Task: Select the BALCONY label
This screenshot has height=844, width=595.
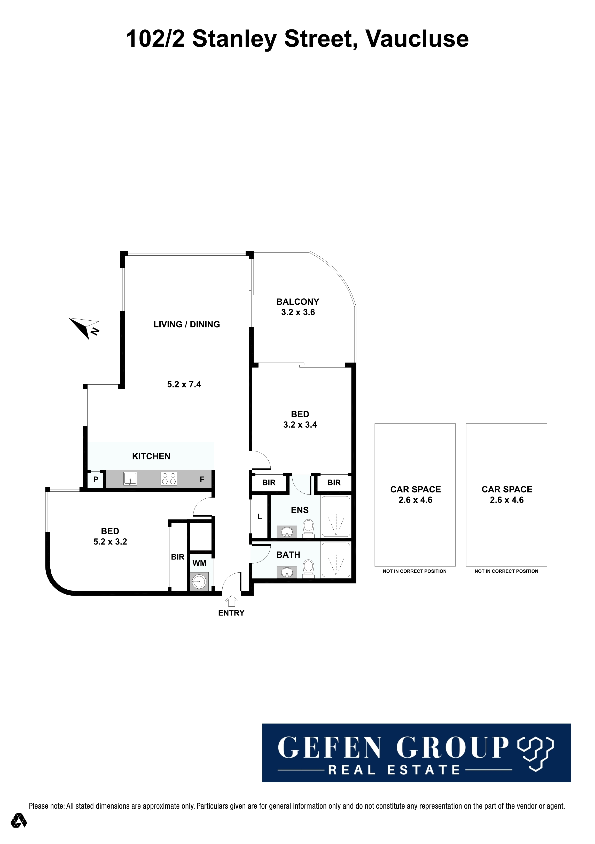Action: click(298, 302)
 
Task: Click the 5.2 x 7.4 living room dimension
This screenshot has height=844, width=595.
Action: click(184, 385)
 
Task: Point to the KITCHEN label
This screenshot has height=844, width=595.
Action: click(151, 456)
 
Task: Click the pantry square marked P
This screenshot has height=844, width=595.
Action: click(96, 479)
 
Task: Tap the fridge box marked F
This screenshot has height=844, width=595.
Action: click(202, 479)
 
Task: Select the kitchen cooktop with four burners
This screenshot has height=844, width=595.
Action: click(169, 478)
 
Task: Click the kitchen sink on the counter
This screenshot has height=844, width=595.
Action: click(130, 478)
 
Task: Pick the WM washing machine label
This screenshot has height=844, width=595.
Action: click(199, 563)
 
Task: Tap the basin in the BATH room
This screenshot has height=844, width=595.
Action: click(287, 572)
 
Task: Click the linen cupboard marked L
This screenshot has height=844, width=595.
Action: click(260, 516)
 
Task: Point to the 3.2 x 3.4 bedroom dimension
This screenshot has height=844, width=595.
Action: click(300, 425)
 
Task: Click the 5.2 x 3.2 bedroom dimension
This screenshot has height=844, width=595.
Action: click(110, 542)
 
